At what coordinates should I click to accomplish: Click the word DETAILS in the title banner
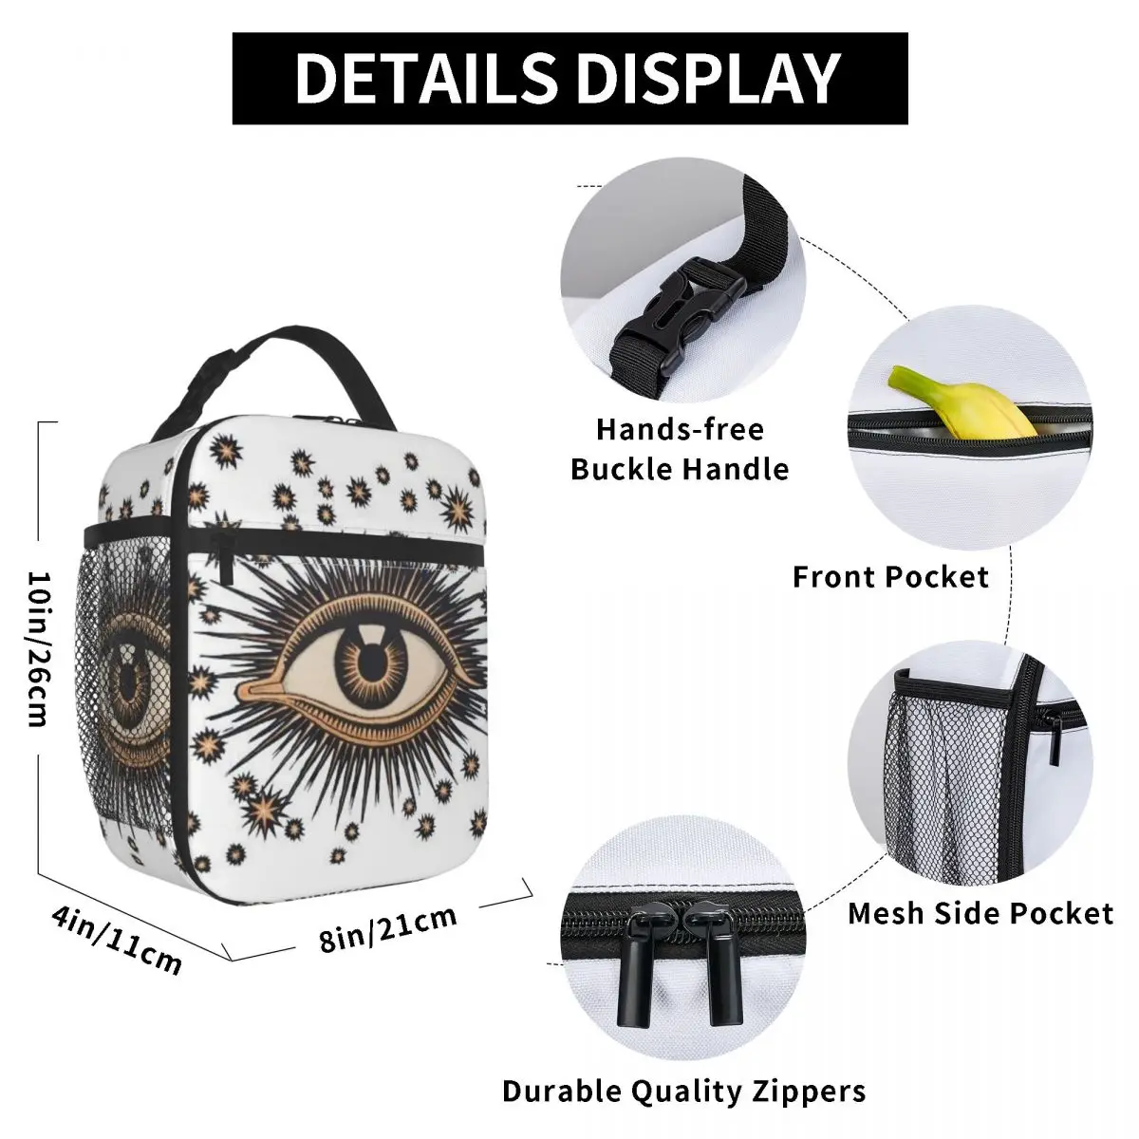coord(427,78)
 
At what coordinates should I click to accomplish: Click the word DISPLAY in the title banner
coord(710,78)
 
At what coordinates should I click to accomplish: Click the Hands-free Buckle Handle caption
coord(680,449)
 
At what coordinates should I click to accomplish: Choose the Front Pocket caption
coord(890,576)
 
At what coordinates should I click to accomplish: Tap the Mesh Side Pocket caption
coord(980,913)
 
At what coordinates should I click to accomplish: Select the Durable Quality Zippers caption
coord(683,1091)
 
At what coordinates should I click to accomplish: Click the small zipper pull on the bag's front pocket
coord(228,560)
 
